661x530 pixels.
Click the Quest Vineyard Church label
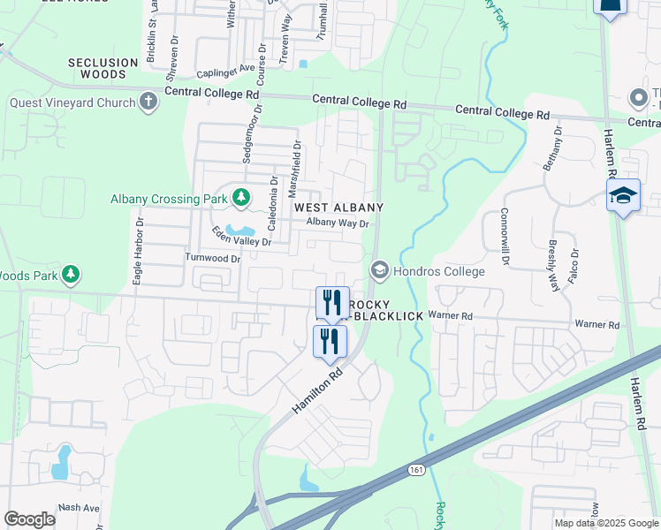(72, 102)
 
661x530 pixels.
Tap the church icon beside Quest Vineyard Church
(148, 102)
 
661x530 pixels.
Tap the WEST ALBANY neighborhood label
(338, 208)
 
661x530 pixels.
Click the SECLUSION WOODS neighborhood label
(103, 69)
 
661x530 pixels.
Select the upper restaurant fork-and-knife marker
(332, 303)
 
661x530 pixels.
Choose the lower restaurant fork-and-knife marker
(330, 341)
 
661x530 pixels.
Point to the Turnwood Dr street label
(212, 259)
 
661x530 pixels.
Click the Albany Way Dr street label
(337, 223)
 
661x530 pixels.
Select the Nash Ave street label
(79, 508)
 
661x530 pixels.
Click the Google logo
(29, 519)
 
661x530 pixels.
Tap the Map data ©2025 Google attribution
(607, 523)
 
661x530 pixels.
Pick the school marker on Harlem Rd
(622, 196)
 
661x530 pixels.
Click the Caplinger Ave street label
(225, 68)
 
